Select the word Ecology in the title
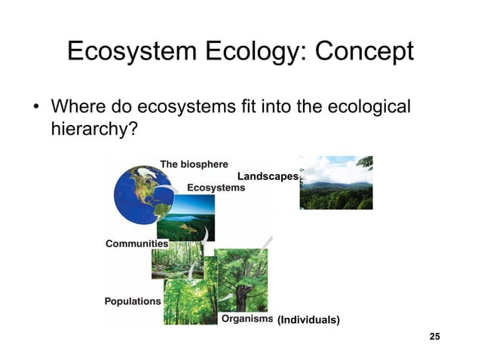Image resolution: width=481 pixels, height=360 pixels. [250, 53]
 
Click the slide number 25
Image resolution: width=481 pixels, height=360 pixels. [434, 335]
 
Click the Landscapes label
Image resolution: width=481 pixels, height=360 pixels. [268, 175]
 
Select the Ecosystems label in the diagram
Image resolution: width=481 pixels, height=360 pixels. [215, 187]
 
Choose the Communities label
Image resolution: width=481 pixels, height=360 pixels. [136, 244]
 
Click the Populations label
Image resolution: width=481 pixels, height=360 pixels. [133, 301]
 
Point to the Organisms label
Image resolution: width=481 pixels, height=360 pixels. [246, 319]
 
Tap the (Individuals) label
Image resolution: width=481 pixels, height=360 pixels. [308, 320]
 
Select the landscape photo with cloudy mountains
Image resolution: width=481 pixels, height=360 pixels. [335, 182]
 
